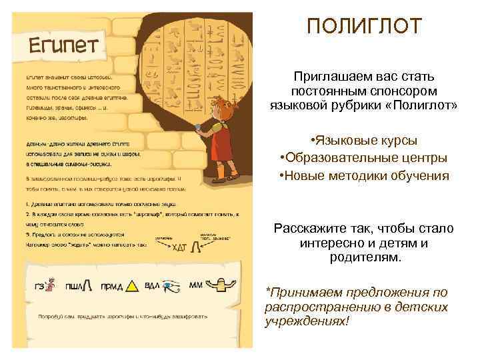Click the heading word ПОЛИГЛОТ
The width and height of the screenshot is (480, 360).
click(x=364, y=27)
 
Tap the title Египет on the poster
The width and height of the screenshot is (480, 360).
click(x=62, y=47)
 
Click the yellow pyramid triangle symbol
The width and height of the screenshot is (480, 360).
click(x=132, y=286)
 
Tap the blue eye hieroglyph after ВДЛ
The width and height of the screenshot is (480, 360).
click(x=171, y=286)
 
